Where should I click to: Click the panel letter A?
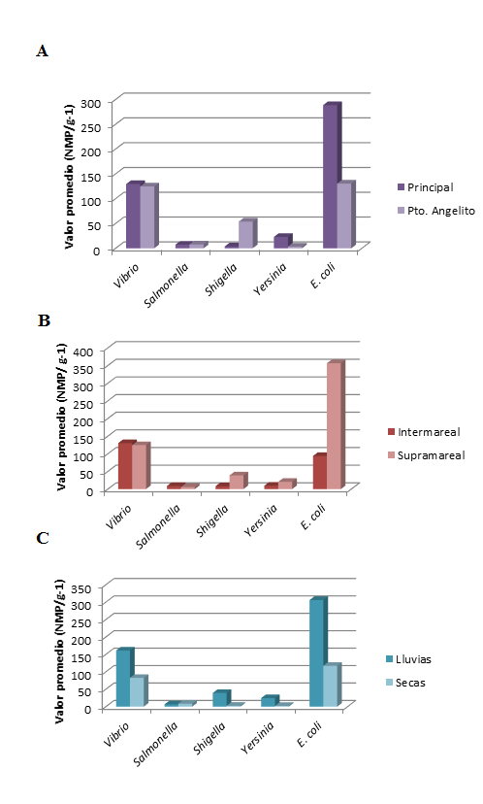(x=43, y=51)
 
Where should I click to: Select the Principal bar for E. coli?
(x=332, y=176)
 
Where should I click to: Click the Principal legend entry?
(x=426, y=187)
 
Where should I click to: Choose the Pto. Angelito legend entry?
(x=436, y=211)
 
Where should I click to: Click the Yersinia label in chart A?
(x=270, y=280)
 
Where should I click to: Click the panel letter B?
(x=44, y=321)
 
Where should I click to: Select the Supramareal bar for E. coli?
(x=336, y=425)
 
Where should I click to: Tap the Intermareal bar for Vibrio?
(x=127, y=465)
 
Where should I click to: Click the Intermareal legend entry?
(x=424, y=432)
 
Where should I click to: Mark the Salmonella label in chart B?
(x=159, y=526)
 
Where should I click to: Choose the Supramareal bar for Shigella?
(x=239, y=481)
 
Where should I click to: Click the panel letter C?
(x=43, y=538)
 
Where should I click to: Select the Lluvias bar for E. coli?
(x=318, y=653)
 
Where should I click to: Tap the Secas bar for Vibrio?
(x=139, y=691)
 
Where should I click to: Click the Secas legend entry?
(x=405, y=683)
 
